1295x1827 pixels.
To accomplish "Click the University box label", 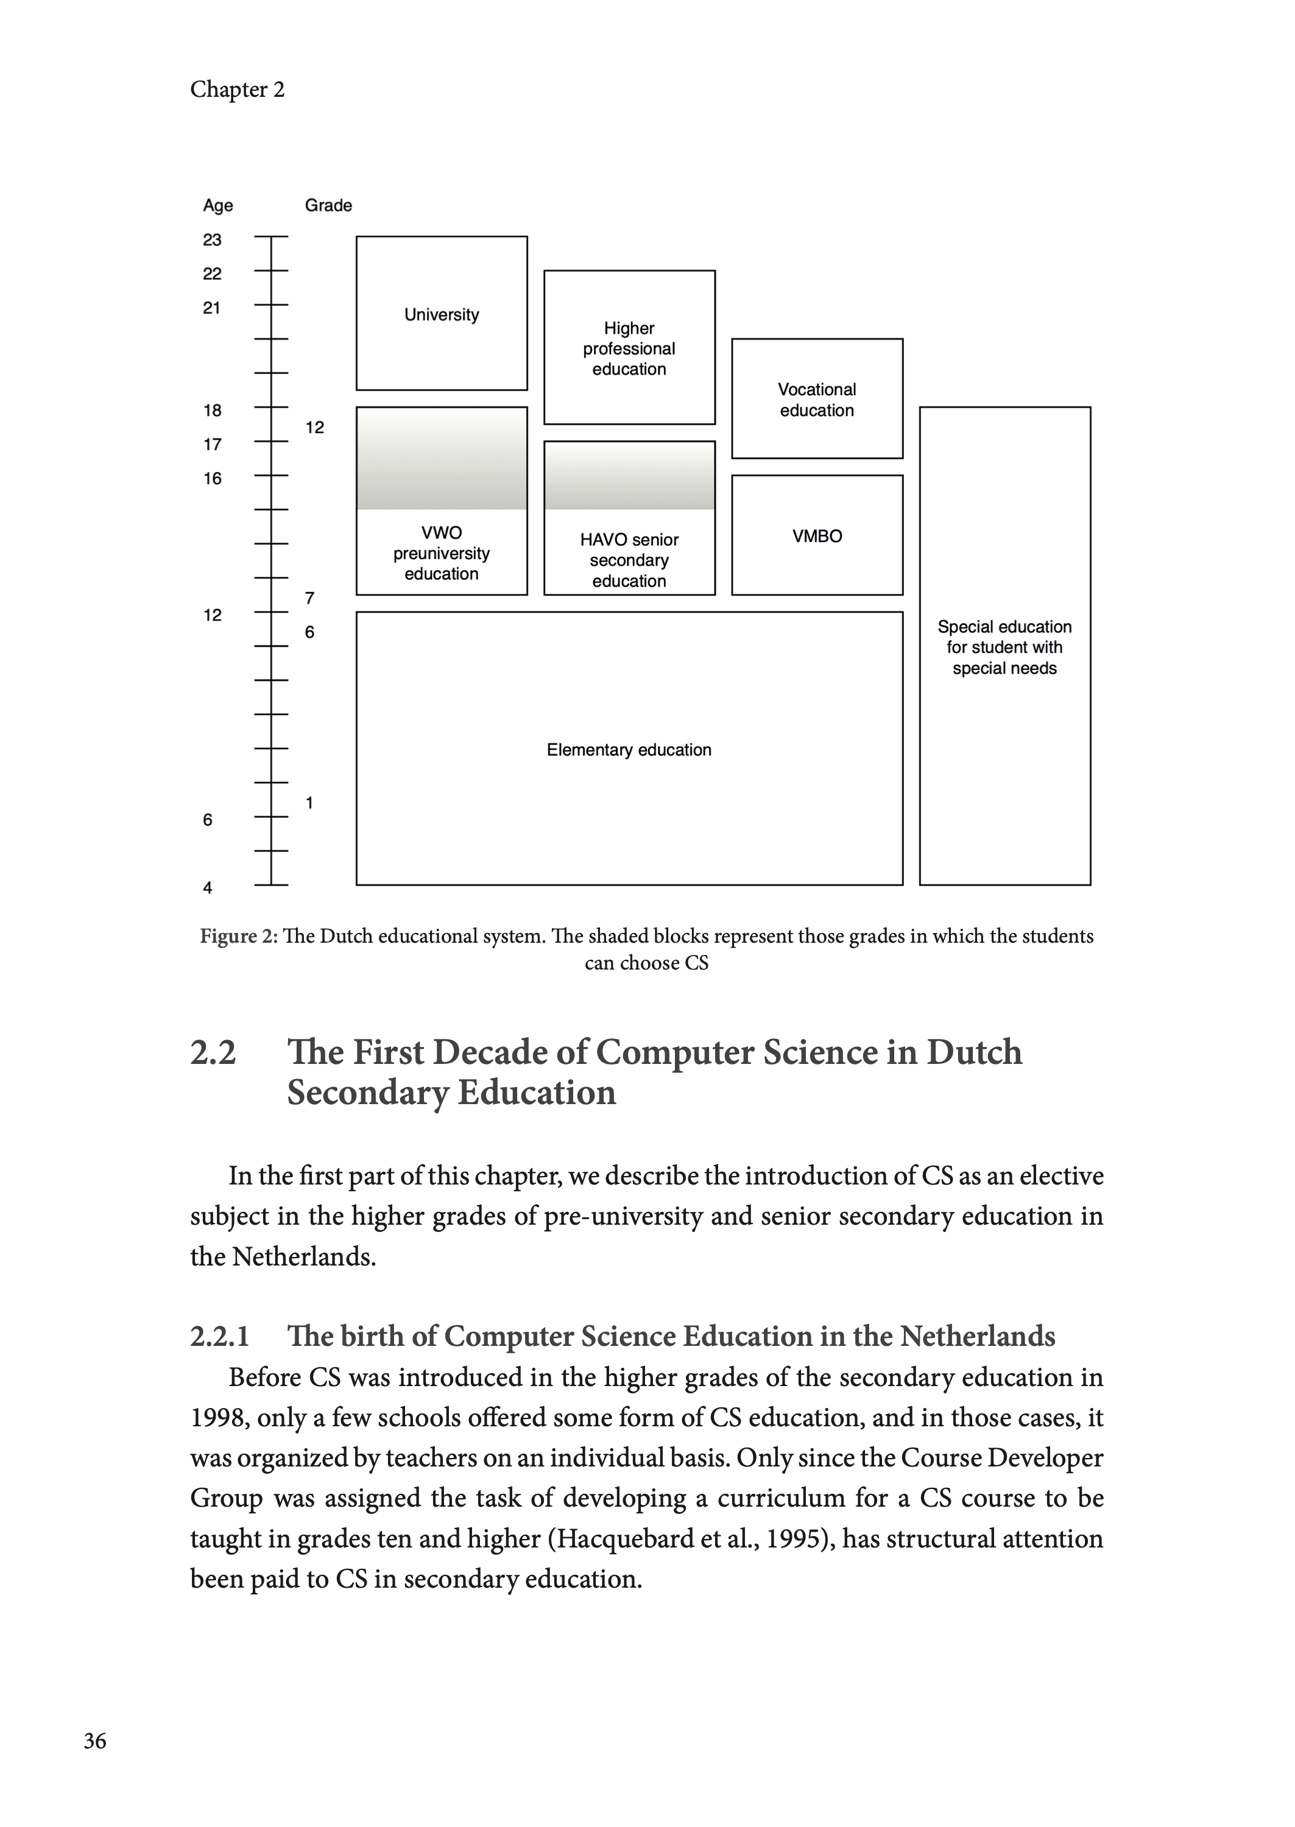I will click(x=441, y=315).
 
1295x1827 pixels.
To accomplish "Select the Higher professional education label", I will click(x=629, y=348).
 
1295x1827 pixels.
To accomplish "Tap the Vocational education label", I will click(x=817, y=400).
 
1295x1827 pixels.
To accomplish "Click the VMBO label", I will click(x=817, y=537).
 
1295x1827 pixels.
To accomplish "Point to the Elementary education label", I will click(x=629, y=750).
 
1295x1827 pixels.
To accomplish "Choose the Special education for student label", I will click(x=1004, y=647).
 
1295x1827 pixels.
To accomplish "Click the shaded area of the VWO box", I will click(x=441, y=459).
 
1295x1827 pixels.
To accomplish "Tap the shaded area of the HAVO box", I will click(x=629, y=476).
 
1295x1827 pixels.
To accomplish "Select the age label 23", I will click(x=212, y=240).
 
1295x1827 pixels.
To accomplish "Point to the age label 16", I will click(x=212, y=478).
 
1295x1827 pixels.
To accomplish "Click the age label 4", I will click(x=208, y=888).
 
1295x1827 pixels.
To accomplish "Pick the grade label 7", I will click(x=309, y=598).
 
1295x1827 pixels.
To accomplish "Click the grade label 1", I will click(x=309, y=803).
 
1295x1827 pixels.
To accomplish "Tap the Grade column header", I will click(x=328, y=206).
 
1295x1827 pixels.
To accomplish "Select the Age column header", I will click(x=217, y=206).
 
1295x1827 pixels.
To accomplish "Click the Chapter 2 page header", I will click(x=237, y=90).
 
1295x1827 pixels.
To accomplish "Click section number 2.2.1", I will click(x=220, y=1336).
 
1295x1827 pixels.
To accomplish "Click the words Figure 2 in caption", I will click(x=238, y=936).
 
